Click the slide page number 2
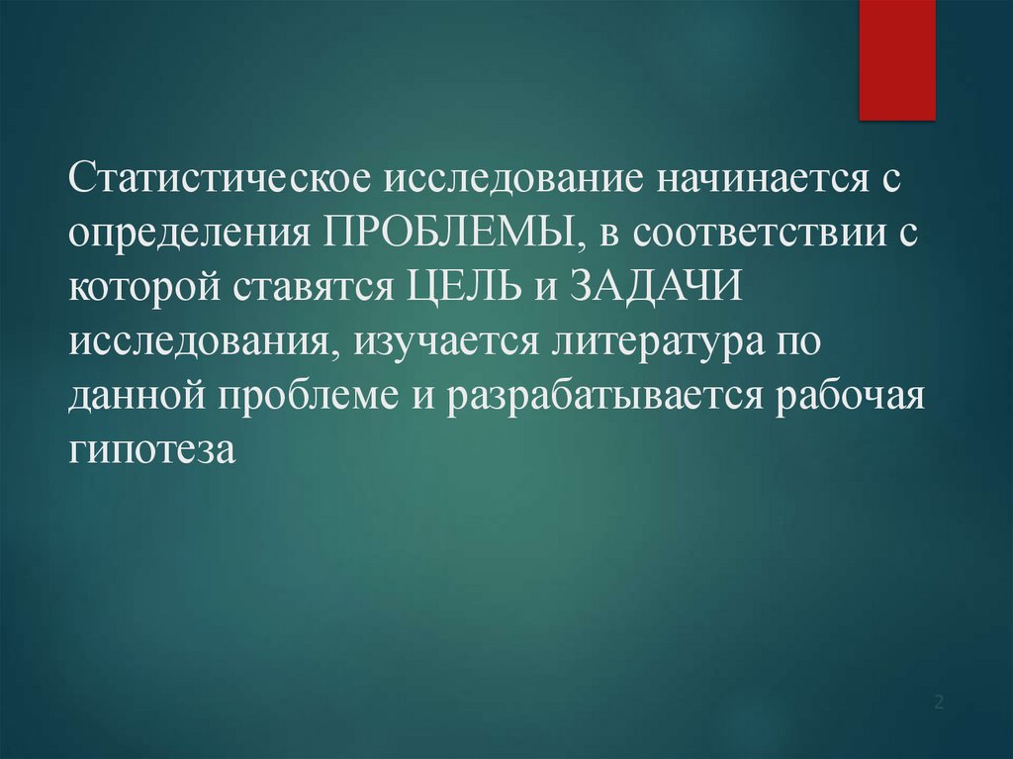tap(940, 704)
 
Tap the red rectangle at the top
tap(896, 59)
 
